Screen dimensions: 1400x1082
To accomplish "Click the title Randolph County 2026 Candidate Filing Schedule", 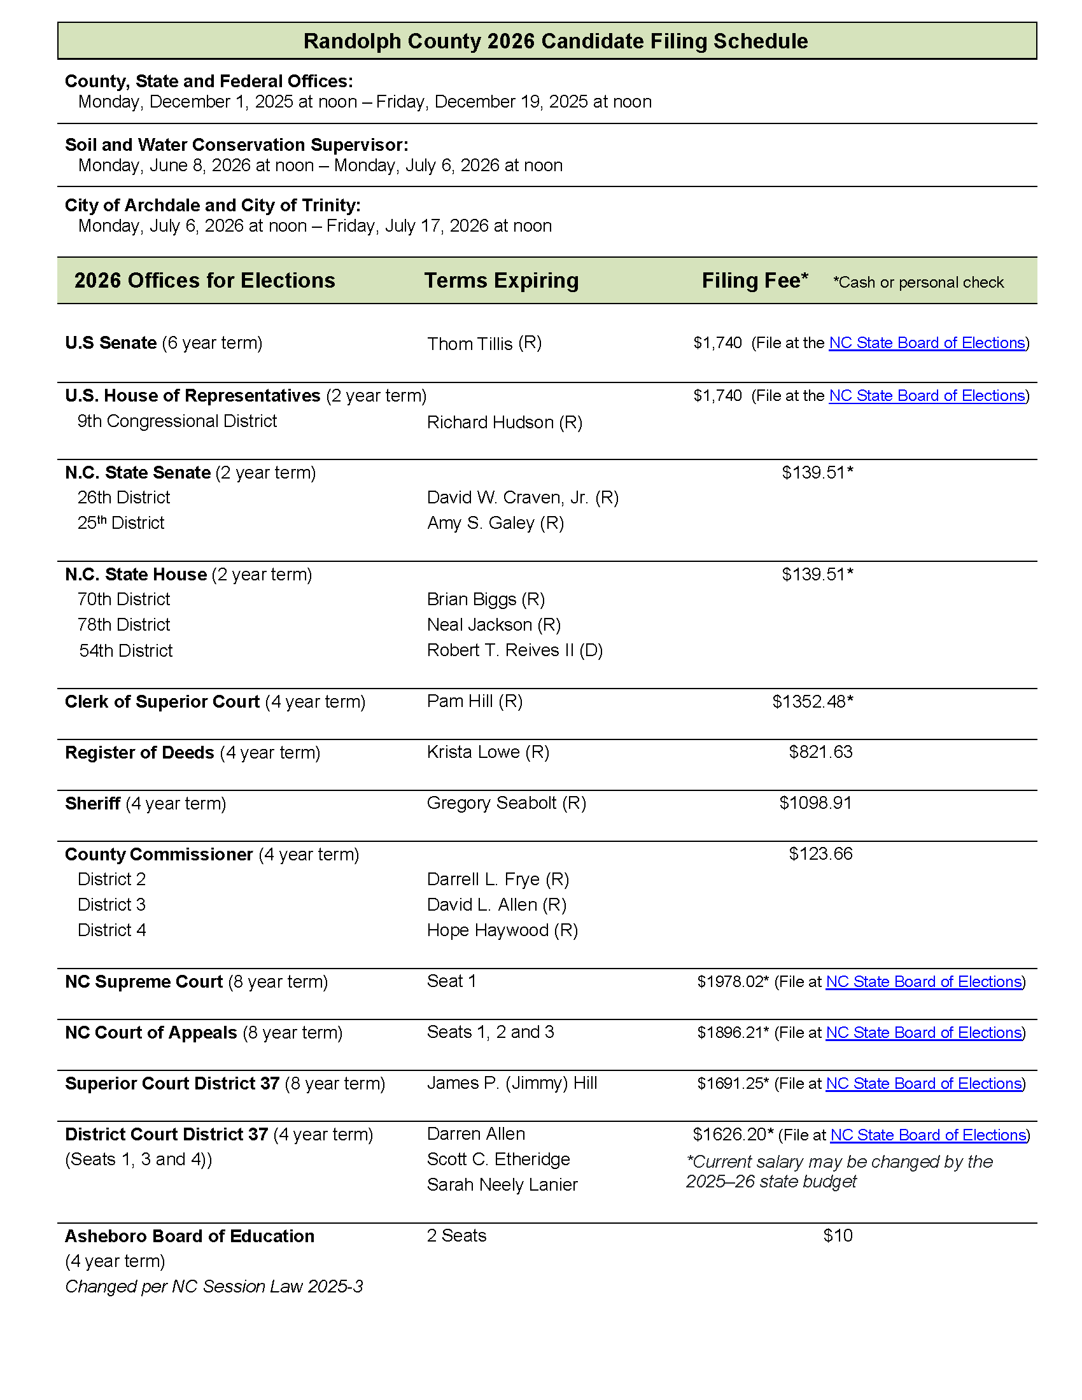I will (555, 41).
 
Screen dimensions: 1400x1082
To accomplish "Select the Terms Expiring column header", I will (502, 281).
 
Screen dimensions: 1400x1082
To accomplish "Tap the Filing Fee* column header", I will (754, 281).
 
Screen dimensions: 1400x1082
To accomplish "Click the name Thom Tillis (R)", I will (484, 344).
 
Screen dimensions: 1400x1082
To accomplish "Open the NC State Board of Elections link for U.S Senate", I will (927, 343).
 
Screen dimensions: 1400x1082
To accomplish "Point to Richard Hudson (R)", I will (505, 423).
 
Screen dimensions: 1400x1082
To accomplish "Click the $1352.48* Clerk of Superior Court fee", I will (812, 702).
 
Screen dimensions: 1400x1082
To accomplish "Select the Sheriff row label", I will (93, 803).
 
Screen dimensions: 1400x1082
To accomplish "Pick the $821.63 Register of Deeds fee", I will (820, 752).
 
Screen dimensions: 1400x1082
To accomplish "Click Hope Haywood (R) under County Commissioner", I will (502, 930).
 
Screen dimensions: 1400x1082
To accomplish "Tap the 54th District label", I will (125, 650).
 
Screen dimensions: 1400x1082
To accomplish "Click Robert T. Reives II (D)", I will (515, 650).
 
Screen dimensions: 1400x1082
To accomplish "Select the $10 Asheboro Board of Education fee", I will (838, 1235).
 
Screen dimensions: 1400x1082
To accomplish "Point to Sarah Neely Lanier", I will (502, 1185).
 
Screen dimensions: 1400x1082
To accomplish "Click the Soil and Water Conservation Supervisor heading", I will (237, 145).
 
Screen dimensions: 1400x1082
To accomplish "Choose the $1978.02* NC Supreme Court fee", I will (732, 981).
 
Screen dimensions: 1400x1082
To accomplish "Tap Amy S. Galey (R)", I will (495, 523).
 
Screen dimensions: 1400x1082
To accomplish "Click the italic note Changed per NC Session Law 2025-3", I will (214, 1287).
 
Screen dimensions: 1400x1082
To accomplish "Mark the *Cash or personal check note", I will (918, 283).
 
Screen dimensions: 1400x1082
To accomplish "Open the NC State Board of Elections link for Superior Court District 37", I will (924, 1083).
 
